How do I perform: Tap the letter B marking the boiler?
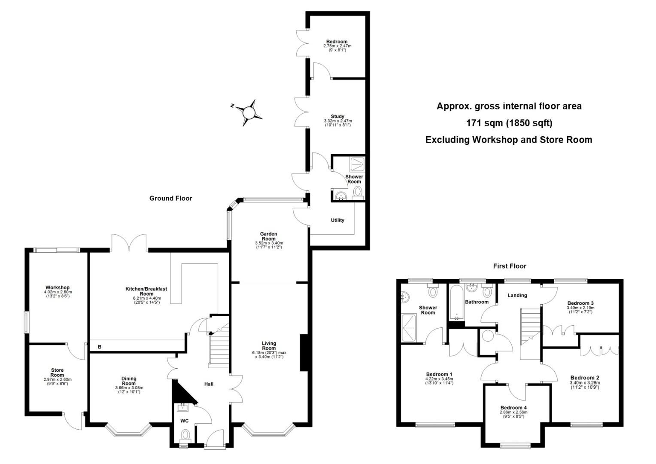[100, 347]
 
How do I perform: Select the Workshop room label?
[58, 287]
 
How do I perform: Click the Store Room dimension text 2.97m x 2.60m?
[58, 379]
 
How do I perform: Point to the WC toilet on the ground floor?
[185, 434]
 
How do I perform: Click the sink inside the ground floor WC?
[183, 407]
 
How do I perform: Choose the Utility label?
[337, 220]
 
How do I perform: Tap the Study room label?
[338, 116]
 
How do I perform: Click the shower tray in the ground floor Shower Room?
[357, 165]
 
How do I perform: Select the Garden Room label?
[269, 236]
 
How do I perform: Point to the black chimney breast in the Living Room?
[304, 353]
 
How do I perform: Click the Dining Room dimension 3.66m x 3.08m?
[129, 388]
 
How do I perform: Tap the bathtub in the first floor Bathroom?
[456, 302]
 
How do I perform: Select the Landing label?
[517, 295]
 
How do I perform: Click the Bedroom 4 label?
[513, 407]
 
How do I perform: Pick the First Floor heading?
[510, 266]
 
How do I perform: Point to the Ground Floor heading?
[171, 198]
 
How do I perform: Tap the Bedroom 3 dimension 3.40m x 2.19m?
[580, 308]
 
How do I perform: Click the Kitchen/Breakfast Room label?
[146, 291]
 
